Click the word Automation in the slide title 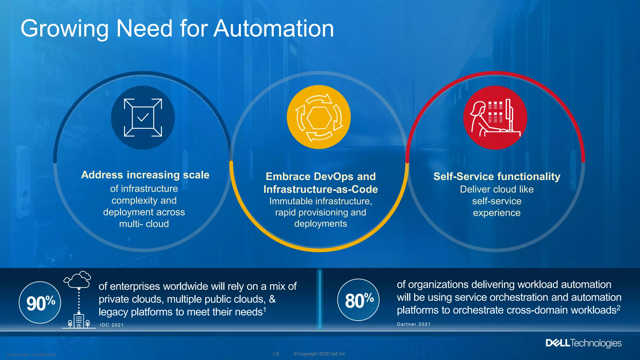tap(274, 29)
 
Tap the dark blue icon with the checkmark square tap(143, 118)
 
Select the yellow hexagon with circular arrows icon tap(319, 117)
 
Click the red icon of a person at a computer tap(495, 118)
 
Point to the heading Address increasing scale tap(145, 175)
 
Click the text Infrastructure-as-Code tap(320, 189)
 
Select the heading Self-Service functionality tap(497, 177)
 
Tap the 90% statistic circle tap(40, 302)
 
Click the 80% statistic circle tap(358, 300)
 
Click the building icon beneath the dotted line tap(79, 321)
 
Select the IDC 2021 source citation tap(112, 325)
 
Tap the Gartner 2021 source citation tap(413, 324)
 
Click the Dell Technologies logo tap(583, 343)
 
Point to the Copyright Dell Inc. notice tap(320, 354)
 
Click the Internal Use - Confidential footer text tap(31, 355)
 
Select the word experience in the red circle tap(497, 213)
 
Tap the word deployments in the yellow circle tap(320, 224)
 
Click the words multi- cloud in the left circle tap(144, 224)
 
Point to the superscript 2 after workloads tap(618, 307)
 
